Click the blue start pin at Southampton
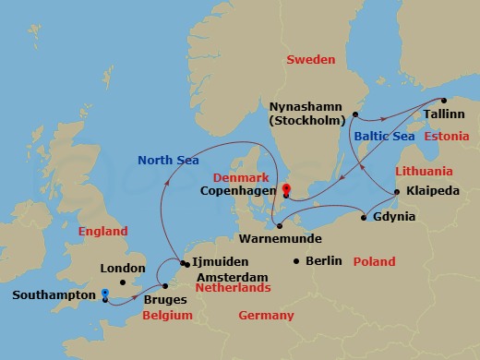(104, 294)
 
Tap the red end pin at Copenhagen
(286, 190)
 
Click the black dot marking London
(123, 282)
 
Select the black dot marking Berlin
(295, 261)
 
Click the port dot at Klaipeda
(397, 192)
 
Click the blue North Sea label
(167, 160)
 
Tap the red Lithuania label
(424, 172)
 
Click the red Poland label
(375, 261)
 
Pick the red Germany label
(266, 316)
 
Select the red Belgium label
(166, 316)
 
